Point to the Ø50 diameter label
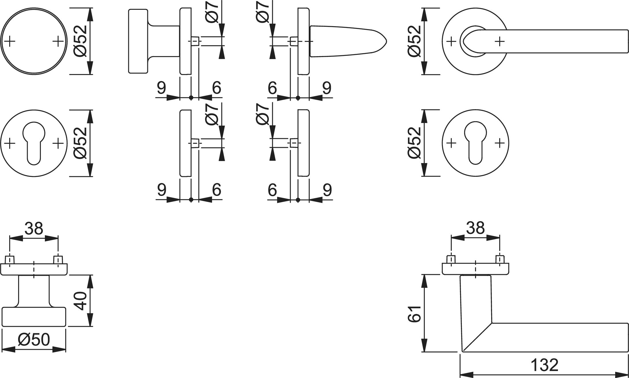click(x=34, y=340)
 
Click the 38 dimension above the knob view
click(x=34, y=229)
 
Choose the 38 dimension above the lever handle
click(x=475, y=228)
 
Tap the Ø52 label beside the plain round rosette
click(x=80, y=41)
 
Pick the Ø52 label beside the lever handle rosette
click(x=415, y=41)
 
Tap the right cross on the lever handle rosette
click(x=500, y=41)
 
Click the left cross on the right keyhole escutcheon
click(x=451, y=143)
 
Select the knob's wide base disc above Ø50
click(x=34, y=317)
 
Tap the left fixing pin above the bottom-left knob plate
click(x=10, y=260)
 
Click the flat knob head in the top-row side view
click(x=138, y=41)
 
